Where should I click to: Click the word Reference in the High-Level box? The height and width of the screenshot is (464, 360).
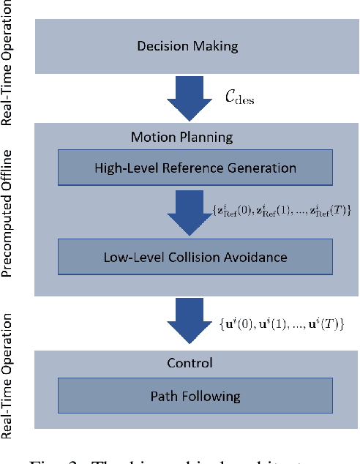[196, 168]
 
